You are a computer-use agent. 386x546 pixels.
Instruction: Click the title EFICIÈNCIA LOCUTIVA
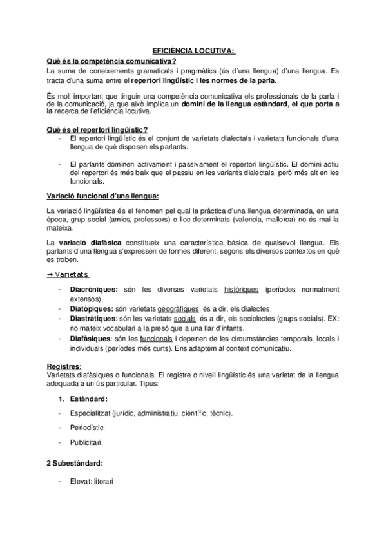tap(193, 49)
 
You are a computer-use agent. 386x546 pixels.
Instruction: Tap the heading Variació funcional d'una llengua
tap(102, 195)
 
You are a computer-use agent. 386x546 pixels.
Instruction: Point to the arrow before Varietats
tap(50, 274)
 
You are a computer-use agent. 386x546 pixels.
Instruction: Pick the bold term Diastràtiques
tap(93, 319)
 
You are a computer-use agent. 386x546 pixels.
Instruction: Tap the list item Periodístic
tap(87, 427)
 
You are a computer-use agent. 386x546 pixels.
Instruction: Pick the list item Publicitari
tap(86, 442)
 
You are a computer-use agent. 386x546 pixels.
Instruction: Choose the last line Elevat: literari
tap(94, 480)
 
